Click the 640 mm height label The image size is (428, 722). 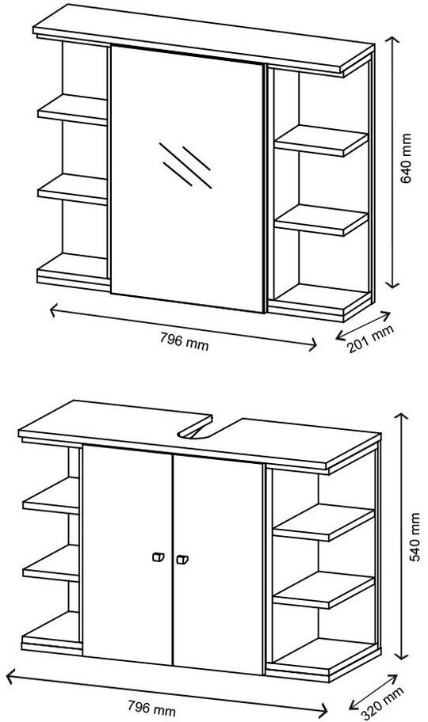pos(406,158)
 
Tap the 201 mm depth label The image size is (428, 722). pos(370,339)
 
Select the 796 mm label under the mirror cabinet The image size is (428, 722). pos(185,341)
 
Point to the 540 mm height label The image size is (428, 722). pos(415,537)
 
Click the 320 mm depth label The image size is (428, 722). pos(382,703)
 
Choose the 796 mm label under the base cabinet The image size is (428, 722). pos(151,708)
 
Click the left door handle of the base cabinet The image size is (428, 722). pos(158,557)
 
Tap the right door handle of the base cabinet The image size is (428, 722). pos(182,560)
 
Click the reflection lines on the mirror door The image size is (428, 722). pos(185,165)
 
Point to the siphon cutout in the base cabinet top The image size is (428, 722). pos(196,431)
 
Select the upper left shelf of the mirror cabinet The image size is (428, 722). pos(72,109)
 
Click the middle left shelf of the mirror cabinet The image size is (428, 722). pos(72,188)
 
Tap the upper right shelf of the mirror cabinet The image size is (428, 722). pos(321,141)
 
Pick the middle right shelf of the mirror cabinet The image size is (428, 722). pos(321,220)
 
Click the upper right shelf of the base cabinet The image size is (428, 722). pos(323,522)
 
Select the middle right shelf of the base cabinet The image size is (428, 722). pos(323,591)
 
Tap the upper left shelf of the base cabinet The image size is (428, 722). pos(51,495)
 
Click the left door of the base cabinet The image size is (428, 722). pos(128,555)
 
